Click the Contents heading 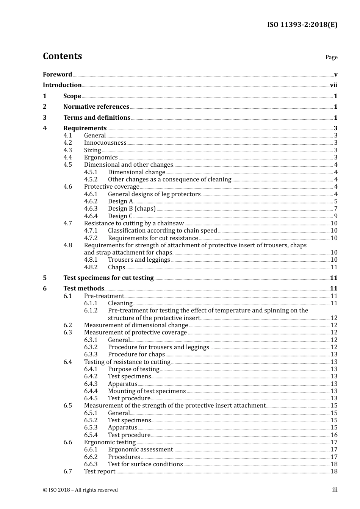[62, 56]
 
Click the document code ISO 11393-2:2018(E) [302, 25]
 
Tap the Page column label [331, 57]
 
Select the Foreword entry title [57, 75]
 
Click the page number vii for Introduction [333, 85]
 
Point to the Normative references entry [96, 107]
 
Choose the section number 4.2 [67, 143]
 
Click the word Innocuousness [105, 143]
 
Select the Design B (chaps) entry [131, 209]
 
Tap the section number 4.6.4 [91, 216]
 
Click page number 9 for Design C [335, 216]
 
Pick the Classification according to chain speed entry [162, 231]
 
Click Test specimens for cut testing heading [108, 278]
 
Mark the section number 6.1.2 [91, 311]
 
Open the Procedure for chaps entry [136, 354]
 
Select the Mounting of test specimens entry [147, 391]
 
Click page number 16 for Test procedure [334, 435]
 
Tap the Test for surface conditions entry [145, 464]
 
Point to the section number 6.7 [67, 472]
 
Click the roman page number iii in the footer [335, 490]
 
